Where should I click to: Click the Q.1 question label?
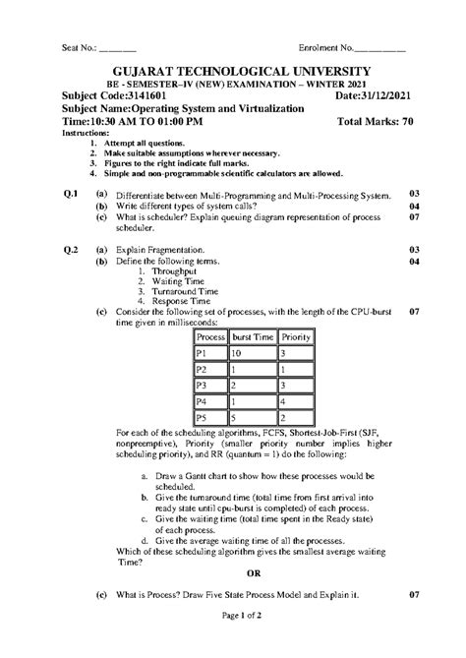click(x=71, y=195)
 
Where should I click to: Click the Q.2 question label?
click(x=71, y=250)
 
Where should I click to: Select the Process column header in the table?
click(x=211, y=336)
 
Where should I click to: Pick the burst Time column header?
click(x=253, y=336)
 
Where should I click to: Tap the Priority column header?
click(x=296, y=336)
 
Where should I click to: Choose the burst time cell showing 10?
click(x=238, y=353)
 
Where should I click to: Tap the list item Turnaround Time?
click(x=184, y=292)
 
